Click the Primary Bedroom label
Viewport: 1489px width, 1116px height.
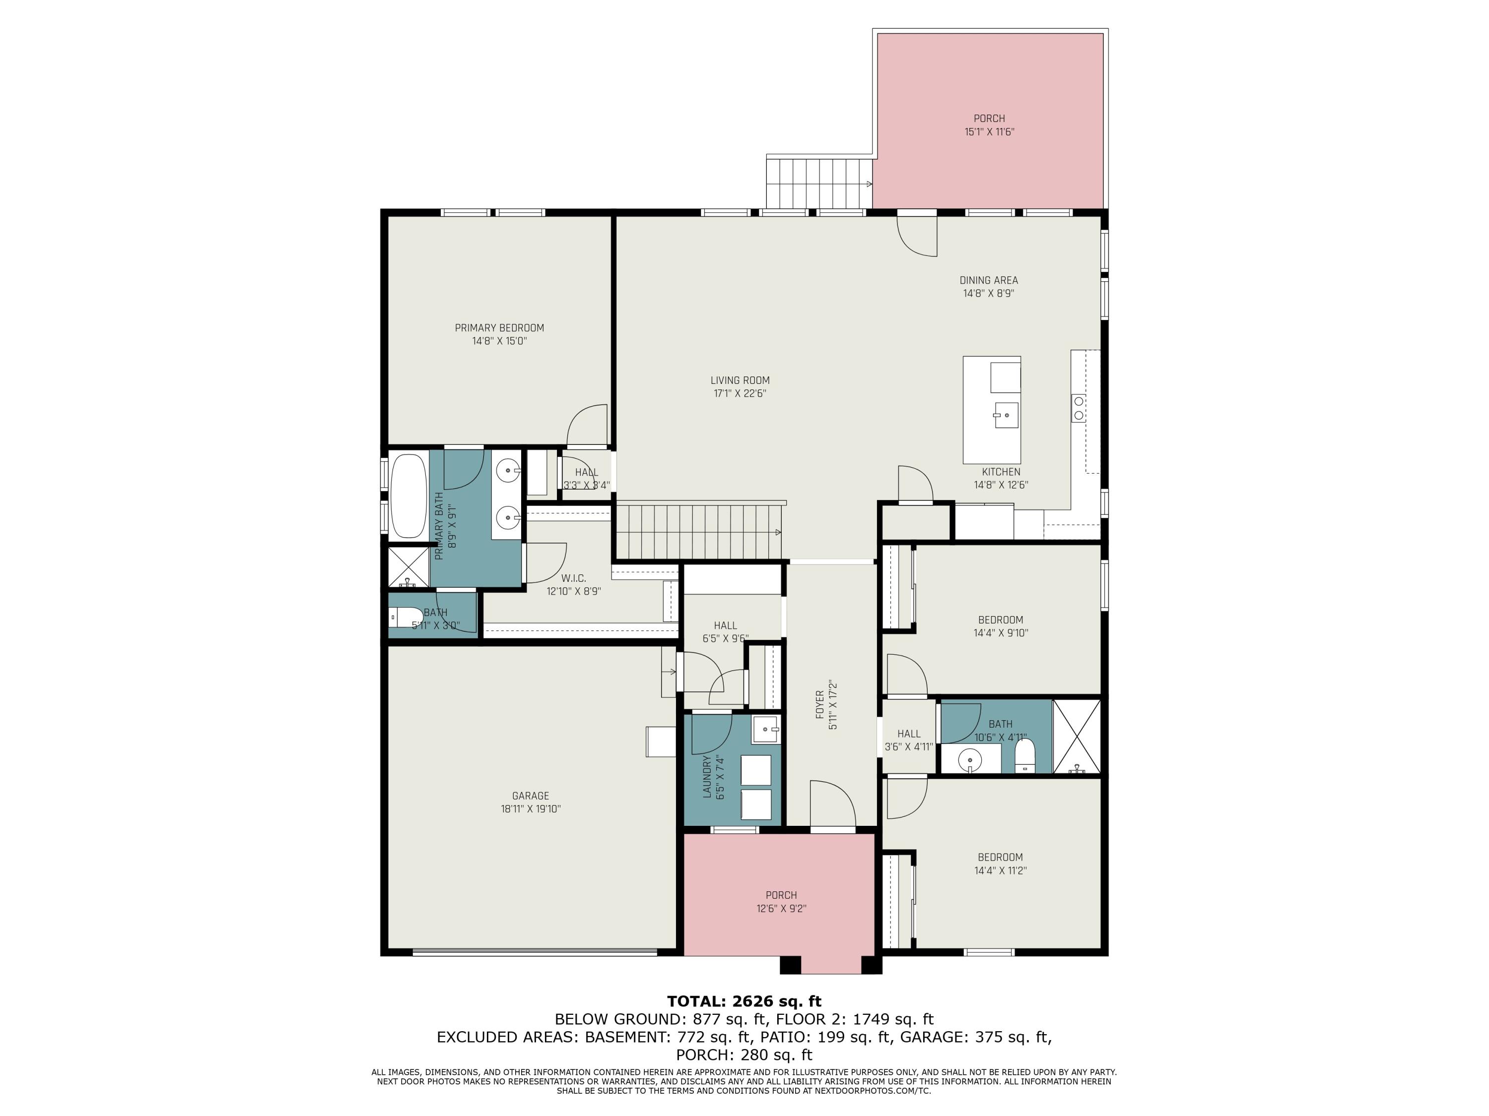[499, 327]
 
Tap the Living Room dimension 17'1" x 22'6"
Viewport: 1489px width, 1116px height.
[740, 393]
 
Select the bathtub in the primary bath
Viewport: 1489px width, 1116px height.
[408, 496]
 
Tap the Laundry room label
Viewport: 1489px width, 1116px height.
[707, 776]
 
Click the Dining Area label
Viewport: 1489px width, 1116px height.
[988, 280]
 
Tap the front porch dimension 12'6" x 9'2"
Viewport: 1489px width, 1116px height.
[781, 908]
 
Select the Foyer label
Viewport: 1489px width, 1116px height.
[820, 704]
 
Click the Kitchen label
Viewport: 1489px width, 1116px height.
[1000, 472]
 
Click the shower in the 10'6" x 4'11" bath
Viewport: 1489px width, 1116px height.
[1077, 736]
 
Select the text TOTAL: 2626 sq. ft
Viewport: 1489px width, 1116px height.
[744, 1001]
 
